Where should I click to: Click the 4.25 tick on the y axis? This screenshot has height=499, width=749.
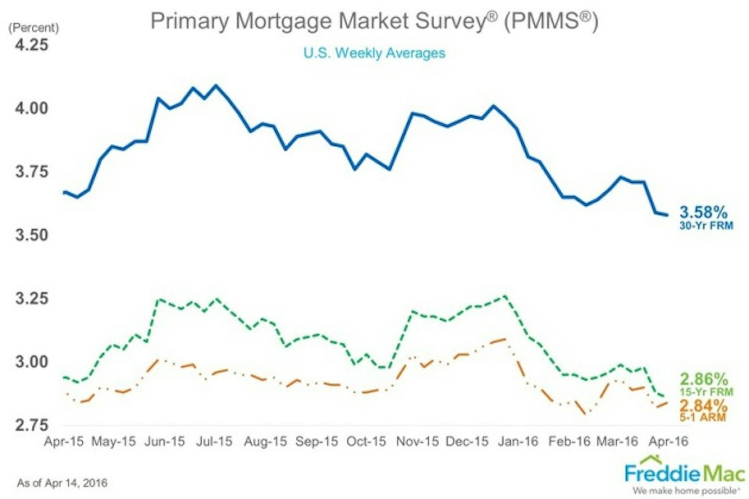pyautogui.click(x=32, y=45)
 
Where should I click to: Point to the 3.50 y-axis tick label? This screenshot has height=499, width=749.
pyautogui.click(x=32, y=235)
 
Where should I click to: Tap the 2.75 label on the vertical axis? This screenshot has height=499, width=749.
pyautogui.click(x=32, y=425)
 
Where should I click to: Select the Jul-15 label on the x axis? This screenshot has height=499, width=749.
pyautogui.click(x=214, y=441)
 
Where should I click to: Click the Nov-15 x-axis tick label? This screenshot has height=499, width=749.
pyautogui.click(x=417, y=441)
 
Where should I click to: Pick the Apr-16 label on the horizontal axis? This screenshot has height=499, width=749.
pyautogui.click(x=668, y=441)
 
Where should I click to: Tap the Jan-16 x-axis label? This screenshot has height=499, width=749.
pyautogui.click(x=518, y=441)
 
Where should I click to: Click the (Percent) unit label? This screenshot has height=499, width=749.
pyautogui.click(x=34, y=28)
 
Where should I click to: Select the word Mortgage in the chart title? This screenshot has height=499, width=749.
pyautogui.click(x=284, y=21)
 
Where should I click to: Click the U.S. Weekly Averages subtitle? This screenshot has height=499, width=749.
pyautogui.click(x=374, y=53)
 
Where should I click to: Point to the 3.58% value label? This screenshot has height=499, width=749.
pyautogui.click(x=703, y=212)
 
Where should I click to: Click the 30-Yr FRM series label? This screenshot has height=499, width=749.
pyautogui.click(x=706, y=226)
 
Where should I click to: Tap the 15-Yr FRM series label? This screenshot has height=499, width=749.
pyautogui.click(x=706, y=392)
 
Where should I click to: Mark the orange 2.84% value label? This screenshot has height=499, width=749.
pyautogui.click(x=703, y=405)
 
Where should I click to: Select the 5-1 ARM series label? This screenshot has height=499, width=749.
pyautogui.click(x=703, y=417)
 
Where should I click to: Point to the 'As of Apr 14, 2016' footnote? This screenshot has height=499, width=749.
pyautogui.click(x=62, y=483)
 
